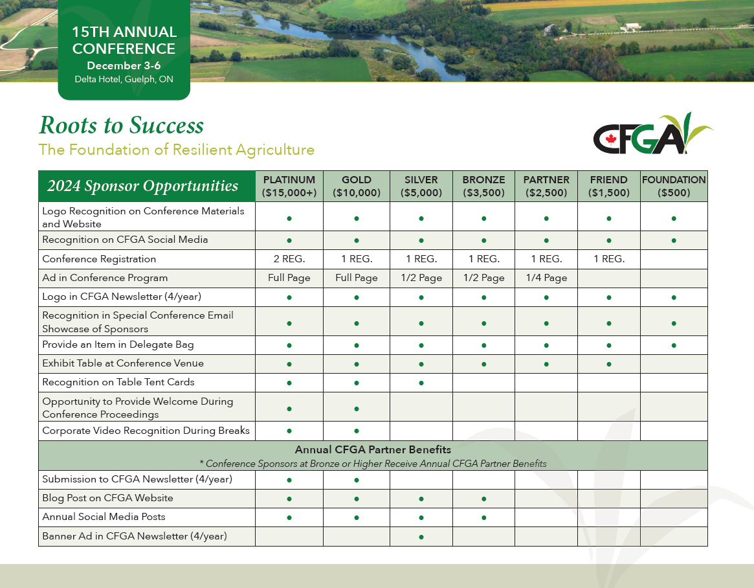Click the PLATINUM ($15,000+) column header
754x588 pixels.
(289, 187)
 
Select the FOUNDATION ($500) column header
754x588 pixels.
(674, 187)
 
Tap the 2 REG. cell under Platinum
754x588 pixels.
(289, 259)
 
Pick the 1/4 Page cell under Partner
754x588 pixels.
(546, 278)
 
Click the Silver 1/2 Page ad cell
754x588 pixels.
(421, 278)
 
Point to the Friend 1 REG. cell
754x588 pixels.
(609, 259)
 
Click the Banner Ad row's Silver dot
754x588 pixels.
(421, 537)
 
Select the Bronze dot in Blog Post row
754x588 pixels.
(483, 499)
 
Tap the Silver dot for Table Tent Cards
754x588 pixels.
(421, 383)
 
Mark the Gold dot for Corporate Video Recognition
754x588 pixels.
(357, 431)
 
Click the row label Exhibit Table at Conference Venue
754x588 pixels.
(123, 363)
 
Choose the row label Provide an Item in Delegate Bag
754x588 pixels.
(118, 345)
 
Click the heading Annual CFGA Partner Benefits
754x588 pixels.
(373, 449)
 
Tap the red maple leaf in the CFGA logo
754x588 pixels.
(611, 139)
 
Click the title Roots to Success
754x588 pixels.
(121, 125)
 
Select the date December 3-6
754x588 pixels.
(124, 65)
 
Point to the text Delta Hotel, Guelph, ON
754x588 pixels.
(124, 79)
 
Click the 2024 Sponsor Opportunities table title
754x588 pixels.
(142, 186)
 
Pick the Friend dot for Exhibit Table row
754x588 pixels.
(609, 364)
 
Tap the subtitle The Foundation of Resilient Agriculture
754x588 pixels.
(177, 150)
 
